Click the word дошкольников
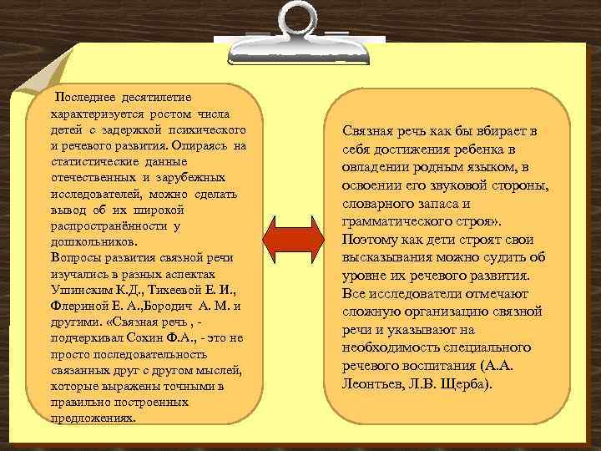click(88, 242)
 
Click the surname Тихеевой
click(178, 290)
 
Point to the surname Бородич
click(174, 306)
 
